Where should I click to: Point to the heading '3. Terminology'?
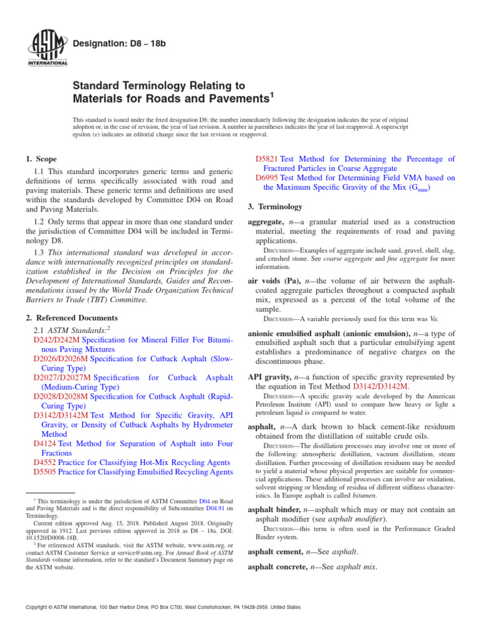276,207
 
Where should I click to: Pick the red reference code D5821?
268,160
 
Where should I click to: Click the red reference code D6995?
268,178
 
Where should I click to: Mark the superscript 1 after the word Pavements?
271,95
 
